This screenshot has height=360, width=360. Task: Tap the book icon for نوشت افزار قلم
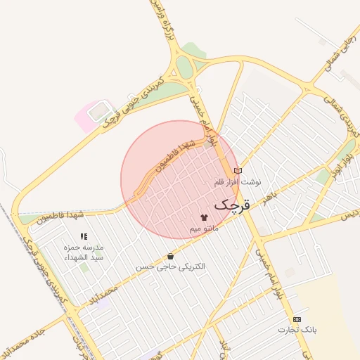[238, 171]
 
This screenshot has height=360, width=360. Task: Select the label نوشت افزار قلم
[238, 182]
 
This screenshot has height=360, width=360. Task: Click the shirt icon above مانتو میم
[205, 217]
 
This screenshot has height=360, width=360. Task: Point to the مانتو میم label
[205, 229]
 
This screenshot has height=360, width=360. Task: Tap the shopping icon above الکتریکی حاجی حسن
[171, 257]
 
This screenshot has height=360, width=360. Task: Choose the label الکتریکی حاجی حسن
[171, 268]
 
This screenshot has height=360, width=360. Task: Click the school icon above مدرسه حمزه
[84, 237]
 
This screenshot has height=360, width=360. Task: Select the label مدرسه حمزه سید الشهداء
[84, 252]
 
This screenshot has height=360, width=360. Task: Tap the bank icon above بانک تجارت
[297, 319]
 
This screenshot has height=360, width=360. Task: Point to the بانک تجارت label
[297, 330]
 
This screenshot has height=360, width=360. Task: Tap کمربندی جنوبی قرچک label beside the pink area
[134, 101]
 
